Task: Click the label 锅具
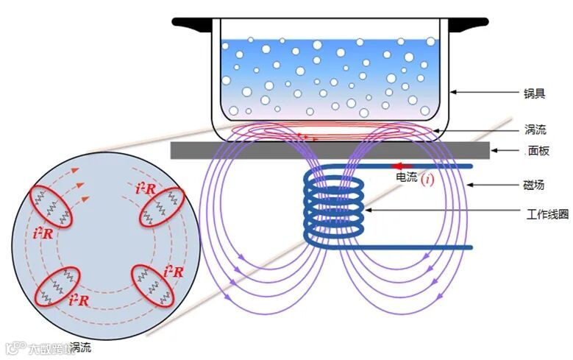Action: click(x=534, y=93)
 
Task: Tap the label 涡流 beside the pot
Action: click(x=534, y=129)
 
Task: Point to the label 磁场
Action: click(x=534, y=186)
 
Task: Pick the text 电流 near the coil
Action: click(x=407, y=177)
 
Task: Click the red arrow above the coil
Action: click(x=401, y=166)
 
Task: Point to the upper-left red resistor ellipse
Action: click(x=52, y=207)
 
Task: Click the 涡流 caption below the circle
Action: click(x=80, y=347)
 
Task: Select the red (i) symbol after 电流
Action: click(x=427, y=178)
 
